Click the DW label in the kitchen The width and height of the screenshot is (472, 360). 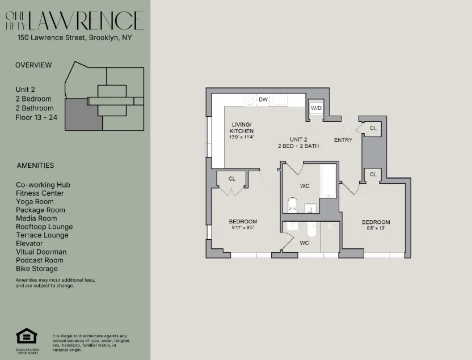coord(263,100)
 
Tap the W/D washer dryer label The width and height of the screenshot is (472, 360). coord(316,108)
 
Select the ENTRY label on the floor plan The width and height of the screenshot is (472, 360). coord(343,140)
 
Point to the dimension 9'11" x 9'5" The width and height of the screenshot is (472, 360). coord(243,228)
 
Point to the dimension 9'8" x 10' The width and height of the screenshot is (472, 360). coord(376,228)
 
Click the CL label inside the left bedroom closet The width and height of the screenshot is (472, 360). coord(231,179)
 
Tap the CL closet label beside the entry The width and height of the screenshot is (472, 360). coord(373,129)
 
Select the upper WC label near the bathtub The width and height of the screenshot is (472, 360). coord(304,186)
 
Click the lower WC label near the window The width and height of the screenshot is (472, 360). coord(304,243)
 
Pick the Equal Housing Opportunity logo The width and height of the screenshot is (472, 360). coord(26,337)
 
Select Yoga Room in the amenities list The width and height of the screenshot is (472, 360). coord(35,201)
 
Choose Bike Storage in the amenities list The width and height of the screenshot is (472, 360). coord(37,269)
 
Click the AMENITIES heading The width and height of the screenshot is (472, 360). coord(35,166)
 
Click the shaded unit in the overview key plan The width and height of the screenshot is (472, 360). coord(83,115)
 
